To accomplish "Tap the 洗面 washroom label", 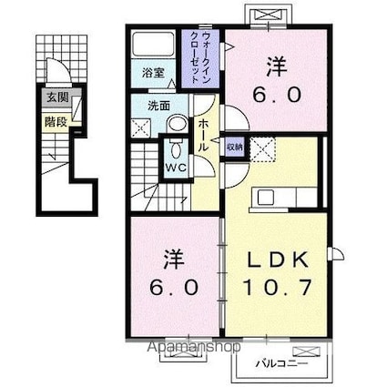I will [159, 106].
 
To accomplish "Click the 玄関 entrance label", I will [51, 97].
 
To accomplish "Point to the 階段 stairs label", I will [51, 118].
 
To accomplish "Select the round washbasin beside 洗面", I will [178, 124].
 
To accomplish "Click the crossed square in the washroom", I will [143, 128].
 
